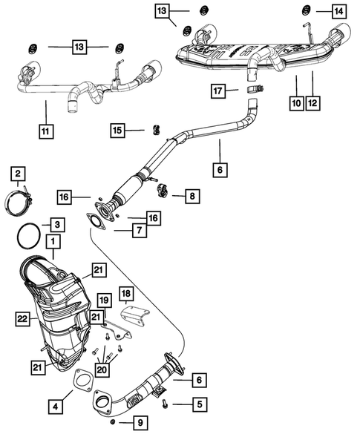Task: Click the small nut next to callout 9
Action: [x=111, y=422]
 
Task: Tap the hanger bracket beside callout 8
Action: [x=163, y=190]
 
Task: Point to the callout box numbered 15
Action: [x=117, y=131]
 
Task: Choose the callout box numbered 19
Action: [x=104, y=300]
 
